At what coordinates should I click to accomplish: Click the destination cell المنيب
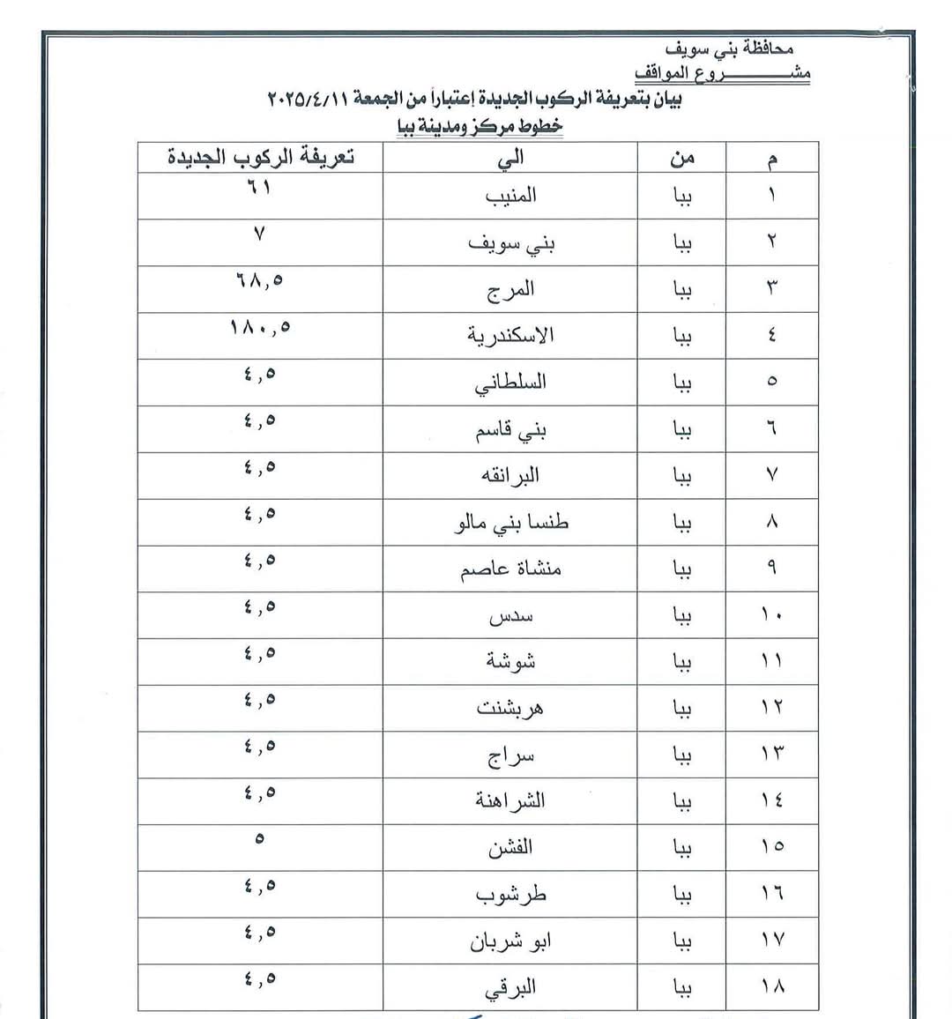(511, 196)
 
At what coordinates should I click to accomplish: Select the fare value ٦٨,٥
(260, 281)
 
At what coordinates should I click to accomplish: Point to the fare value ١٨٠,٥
(260, 327)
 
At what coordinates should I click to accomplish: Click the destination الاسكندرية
(511, 336)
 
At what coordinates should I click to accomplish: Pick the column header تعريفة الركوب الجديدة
(261, 158)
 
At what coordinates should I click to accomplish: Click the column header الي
(511, 158)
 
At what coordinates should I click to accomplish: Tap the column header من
(681, 158)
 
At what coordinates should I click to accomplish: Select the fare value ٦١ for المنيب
(260, 188)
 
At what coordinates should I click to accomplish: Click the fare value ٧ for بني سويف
(260, 234)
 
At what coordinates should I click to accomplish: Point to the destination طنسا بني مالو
(511, 523)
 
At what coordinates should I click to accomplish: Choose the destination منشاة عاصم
(511, 569)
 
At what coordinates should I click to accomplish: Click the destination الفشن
(511, 848)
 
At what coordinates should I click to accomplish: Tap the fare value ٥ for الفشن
(260, 839)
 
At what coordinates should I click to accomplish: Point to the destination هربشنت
(511, 708)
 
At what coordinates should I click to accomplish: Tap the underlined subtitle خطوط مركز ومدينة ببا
(478, 126)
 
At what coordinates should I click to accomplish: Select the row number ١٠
(772, 615)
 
